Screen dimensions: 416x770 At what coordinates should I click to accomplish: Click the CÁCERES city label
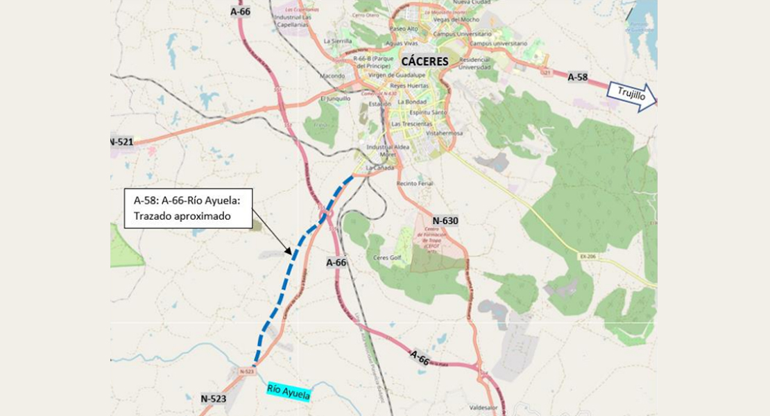point(425,61)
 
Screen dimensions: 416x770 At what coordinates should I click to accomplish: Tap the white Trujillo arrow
point(631,96)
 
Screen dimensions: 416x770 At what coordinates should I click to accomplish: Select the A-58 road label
point(578,77)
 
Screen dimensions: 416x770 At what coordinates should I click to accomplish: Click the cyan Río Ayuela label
point(288,392)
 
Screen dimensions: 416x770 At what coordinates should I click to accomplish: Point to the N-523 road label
point(214,399)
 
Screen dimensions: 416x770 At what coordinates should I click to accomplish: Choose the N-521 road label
point(121,142)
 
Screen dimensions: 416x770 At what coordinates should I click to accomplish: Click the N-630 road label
point(445,221)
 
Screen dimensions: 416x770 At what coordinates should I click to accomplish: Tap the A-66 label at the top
point(240,11)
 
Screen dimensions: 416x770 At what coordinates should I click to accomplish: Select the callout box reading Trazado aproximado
point(188,208)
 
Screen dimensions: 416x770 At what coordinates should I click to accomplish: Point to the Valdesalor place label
point(484,408)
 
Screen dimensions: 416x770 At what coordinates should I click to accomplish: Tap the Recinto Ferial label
point(414,184)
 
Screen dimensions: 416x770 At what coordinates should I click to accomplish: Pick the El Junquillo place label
point(334,98)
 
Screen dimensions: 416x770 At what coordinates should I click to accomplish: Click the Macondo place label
point(333,76)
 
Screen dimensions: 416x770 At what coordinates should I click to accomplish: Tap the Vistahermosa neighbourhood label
point(445,132)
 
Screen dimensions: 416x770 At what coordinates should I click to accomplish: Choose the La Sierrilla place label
point(338,41)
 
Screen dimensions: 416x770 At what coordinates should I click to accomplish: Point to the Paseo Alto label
point(404,28)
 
